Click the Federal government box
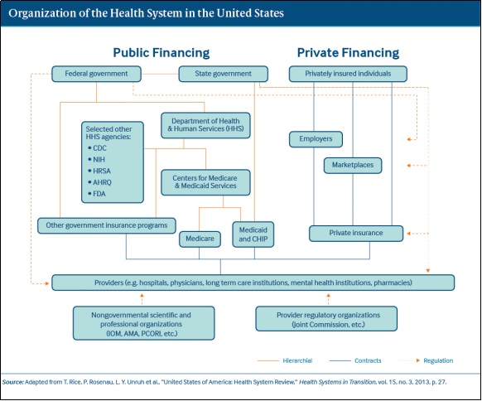96,74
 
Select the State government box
223,74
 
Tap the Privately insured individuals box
348,74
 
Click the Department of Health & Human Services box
205,125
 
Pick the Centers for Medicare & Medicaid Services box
205,182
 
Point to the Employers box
316,139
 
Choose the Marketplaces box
353,166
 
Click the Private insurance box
356,234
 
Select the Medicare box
200,239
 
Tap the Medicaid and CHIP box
253,234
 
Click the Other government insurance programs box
107,225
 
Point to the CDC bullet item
97,148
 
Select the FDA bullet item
97,194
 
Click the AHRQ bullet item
99,182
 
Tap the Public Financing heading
161,53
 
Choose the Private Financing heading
348,53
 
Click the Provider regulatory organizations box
326,319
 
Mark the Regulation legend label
438,360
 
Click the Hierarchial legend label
297,360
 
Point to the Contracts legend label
368,360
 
